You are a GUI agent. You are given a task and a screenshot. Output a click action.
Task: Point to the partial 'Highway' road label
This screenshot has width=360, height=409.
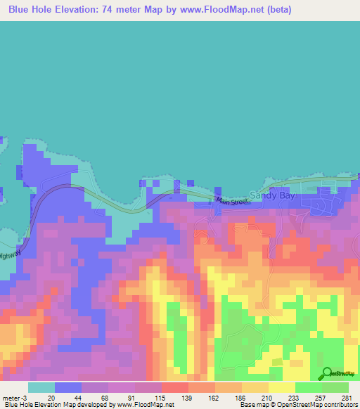(10, 254)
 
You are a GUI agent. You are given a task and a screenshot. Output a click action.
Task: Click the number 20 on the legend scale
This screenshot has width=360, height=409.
(52, 397)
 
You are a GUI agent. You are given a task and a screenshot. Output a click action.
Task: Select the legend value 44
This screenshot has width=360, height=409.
(79, 397)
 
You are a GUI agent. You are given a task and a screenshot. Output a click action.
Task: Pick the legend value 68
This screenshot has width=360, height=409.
(105, 397)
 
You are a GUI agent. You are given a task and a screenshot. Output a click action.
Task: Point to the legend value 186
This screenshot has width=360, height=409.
(239, 397)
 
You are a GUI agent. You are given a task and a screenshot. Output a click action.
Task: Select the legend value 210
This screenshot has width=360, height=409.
(266, 397)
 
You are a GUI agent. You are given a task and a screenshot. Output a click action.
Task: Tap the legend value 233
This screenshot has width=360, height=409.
(292, 397)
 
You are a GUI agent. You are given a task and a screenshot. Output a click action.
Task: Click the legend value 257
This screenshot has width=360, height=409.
(319, 397)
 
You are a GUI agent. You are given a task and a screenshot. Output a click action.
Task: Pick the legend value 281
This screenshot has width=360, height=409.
(345, 397)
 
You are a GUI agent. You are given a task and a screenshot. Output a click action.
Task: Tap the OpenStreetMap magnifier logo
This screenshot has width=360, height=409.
(326, 373)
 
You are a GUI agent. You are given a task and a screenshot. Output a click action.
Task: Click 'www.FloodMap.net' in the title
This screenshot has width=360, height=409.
(214, 10)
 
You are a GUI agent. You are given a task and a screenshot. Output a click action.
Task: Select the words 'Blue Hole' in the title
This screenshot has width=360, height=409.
(33, 10)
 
